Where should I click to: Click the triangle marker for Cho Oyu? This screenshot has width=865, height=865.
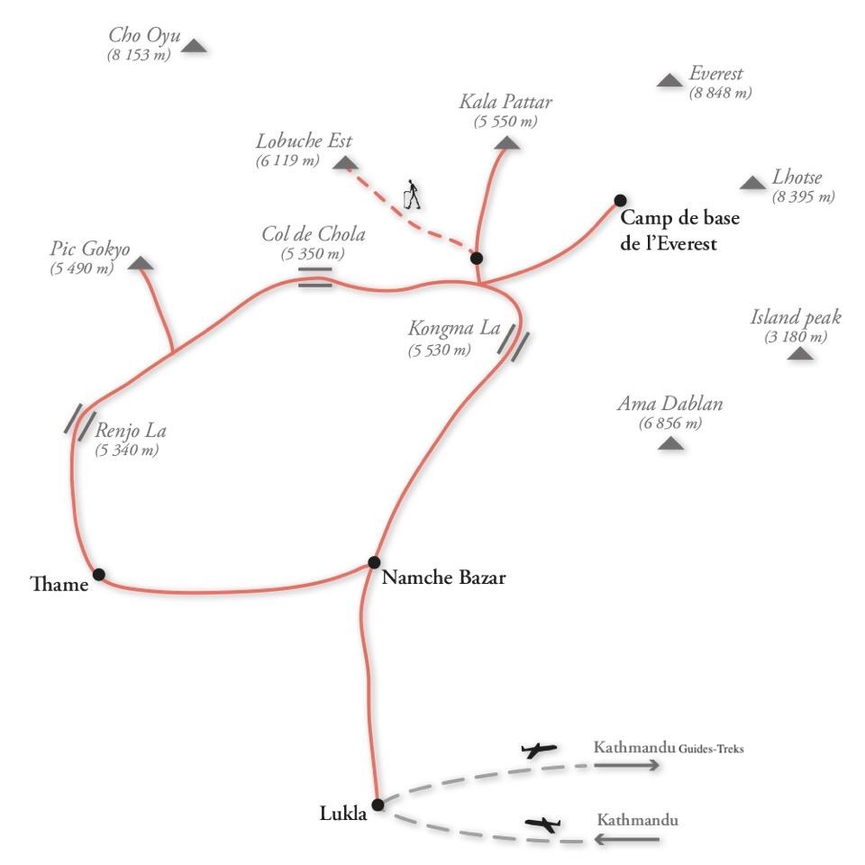coord(195,46)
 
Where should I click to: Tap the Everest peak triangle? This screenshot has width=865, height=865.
coord(669,81)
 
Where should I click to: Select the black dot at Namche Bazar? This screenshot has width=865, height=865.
coord(374,562)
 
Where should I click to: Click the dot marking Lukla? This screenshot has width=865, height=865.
coord(378,804)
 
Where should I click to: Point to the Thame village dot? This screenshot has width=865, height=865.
coord(98,574)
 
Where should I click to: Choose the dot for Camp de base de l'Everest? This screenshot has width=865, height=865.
coord(620,200)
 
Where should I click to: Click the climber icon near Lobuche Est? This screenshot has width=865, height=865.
coord(413,194)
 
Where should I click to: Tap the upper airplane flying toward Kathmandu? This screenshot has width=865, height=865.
coord(539,750)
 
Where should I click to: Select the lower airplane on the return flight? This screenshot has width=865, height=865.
coord(542,824)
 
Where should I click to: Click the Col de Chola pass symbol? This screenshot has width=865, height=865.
coord(315,277)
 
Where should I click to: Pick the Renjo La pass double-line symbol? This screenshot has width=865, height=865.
coord(80,422)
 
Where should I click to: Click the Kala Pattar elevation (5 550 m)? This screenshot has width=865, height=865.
coord(505,122)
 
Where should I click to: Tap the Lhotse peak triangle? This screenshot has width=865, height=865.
coord(753,184)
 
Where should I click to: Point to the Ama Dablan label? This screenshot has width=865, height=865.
coord(669,404)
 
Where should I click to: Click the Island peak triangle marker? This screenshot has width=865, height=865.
coord(800,354)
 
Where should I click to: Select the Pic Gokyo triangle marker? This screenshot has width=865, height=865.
coord(141,264)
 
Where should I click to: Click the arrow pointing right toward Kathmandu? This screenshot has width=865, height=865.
coord(626,765)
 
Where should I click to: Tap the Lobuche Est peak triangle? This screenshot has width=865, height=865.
coord(343,163)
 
